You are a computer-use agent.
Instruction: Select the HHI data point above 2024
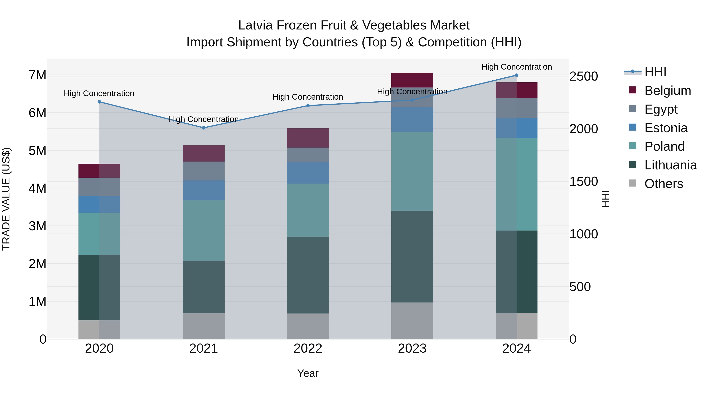coord(516,75)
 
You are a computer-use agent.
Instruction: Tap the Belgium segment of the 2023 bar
coord(412,80)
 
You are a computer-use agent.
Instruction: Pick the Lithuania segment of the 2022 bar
coord(308,275)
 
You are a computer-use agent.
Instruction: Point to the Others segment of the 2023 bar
coord(412,321)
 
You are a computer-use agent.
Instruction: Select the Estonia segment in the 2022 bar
coord(308,173)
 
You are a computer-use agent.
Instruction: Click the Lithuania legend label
coord(670,165)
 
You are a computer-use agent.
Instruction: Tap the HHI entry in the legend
coord(655,72)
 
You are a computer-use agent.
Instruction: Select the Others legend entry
coord(664,184)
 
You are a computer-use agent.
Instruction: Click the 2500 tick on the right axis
coord(584,76)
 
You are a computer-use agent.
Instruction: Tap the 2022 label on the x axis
coord(308,348)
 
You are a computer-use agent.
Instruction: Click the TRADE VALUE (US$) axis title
coord(6,199)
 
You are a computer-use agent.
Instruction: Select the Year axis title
coord(308,373)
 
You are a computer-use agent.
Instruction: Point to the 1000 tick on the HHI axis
coord(584,234)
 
